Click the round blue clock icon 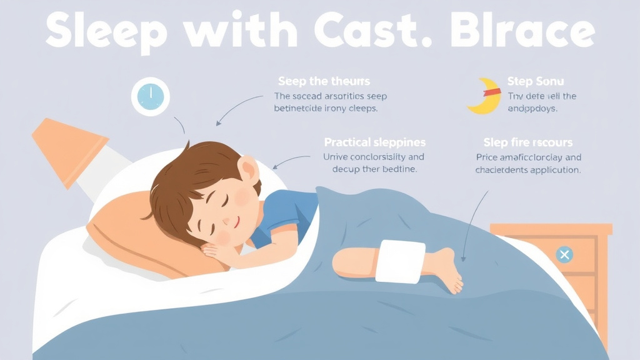coord(150,97)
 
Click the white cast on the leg coord(400,261)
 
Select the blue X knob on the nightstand coord(564,254)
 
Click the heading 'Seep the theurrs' coord(324,81)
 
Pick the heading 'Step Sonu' coord(535,81)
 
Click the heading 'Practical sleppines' coord(374,142)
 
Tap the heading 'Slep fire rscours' coord(528,142)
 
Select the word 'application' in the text coord(555,169)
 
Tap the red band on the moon coord(492,92)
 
